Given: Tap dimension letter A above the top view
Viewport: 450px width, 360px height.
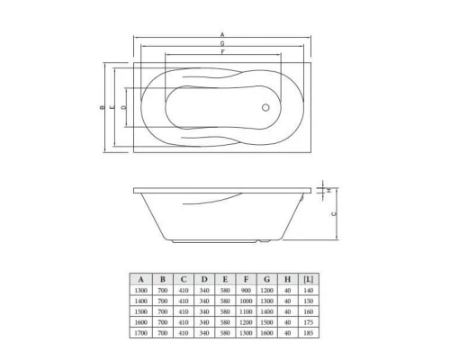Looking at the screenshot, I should click(222, 35).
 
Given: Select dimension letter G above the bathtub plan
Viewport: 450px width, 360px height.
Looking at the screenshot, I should click(222, 44).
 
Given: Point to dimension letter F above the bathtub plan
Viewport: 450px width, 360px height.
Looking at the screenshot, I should click(222, 53).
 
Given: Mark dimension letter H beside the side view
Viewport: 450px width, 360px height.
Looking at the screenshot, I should click(330, 190).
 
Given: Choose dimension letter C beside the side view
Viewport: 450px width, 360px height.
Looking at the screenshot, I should click(335, 214).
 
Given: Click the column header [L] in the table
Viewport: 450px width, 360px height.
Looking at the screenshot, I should click(309, 279).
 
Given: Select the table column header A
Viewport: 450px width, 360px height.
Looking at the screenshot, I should click(141, 279).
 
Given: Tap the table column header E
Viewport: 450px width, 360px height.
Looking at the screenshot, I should click(225, 279).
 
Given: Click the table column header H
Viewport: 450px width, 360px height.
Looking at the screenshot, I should click(288, 279).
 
